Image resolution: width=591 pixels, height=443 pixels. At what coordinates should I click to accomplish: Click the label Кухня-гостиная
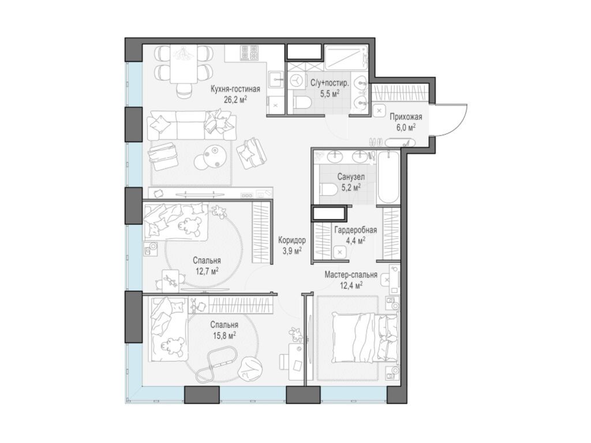235,89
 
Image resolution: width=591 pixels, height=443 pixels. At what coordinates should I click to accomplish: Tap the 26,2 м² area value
235,99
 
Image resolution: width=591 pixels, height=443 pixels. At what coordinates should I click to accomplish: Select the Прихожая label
406,117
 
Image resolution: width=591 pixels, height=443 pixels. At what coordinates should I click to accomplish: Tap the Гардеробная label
356,231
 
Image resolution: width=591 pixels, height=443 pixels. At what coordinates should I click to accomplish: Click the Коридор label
291,240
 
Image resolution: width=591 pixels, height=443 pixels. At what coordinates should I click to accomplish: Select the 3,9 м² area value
291,250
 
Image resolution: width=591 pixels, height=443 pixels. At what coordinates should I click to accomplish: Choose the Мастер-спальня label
351,275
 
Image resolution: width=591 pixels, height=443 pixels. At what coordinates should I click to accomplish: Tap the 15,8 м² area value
225,335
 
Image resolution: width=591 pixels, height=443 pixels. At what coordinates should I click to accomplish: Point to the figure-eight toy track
217,365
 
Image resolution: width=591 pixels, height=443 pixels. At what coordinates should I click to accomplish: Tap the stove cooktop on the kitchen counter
249,54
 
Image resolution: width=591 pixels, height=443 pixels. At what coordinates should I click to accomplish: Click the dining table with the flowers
184,64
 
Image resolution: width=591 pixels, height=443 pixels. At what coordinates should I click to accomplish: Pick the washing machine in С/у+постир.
298,81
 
